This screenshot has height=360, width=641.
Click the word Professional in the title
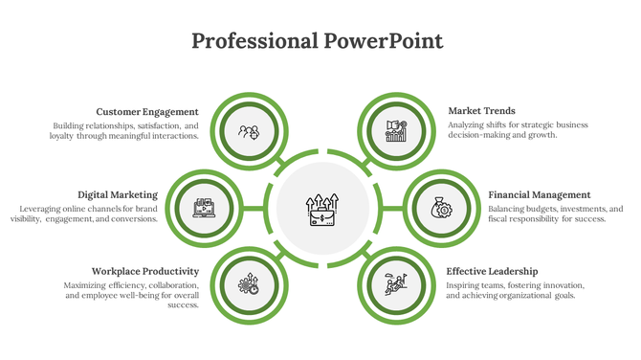tap(254, 41)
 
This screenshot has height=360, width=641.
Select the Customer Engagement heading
tap(147, 111)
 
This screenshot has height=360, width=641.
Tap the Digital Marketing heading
tap(117, 194)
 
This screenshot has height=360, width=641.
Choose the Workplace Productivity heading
tap(144, 271)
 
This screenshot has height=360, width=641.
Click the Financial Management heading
tap(539, 194)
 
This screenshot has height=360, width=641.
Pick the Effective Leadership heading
tap(492, 271)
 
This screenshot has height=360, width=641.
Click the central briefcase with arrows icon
tap(320, 208)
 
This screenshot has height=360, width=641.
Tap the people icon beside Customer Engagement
tap(249, 132)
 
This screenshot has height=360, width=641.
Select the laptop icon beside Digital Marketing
tap(204, 207)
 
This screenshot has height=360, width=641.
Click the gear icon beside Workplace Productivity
tap(249, 283)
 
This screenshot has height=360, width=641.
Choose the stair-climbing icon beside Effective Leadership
tap(395, 283)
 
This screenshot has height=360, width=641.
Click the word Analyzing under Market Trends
tap(469, 124)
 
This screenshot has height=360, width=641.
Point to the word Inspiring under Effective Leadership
tap(466, 285)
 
